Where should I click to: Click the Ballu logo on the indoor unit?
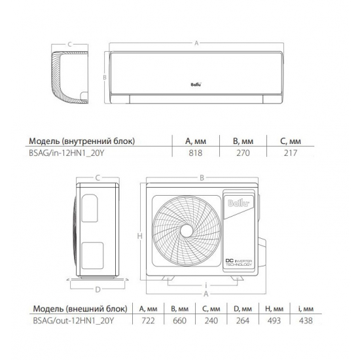[x=196, y=84]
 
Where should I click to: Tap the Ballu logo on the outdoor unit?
[x=238, y=204]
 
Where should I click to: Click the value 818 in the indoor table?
[x=196, y=153]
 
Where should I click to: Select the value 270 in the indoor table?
[x=243, y=153]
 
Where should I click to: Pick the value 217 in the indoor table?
[x=291, y=153]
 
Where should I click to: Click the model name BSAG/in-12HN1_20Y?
[x=67, y=153]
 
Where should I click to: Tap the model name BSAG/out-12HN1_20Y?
[x=73, y=321]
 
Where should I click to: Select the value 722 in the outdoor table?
[x=148, y=321]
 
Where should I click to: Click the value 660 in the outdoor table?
[x=179, y=321]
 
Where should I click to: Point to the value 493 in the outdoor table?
[x=274, y=321]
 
